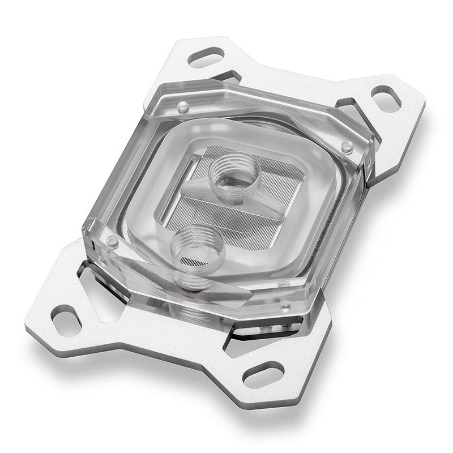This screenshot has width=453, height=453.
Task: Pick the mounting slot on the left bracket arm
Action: (x=67, y=319)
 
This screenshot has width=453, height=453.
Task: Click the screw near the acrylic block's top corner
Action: (x=182, y=106)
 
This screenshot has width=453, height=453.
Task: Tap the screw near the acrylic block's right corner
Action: (x=347, y=146)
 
